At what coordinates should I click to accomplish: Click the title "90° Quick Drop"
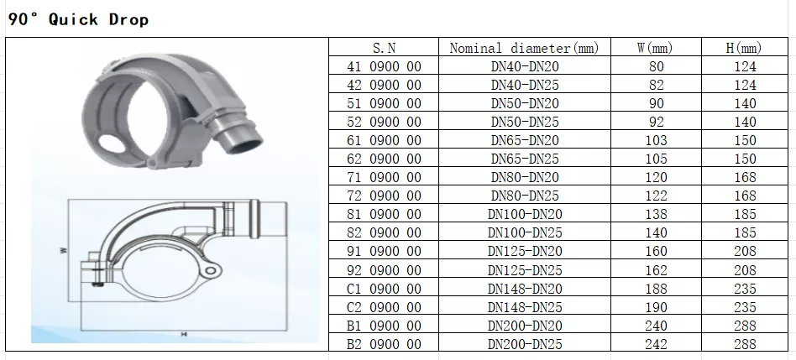pos(78,19)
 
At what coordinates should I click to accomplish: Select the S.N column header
pos(384,48)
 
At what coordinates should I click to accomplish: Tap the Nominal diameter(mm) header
pos(525,48)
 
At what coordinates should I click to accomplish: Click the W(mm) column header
pos(656,48)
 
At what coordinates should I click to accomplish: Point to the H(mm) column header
pos(744,48)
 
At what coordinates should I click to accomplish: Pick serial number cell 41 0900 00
pos(384,66)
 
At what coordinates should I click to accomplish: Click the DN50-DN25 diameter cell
pos(525,122)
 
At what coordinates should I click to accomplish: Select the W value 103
pos(656,140)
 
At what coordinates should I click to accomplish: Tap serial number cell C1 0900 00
pos(384,289)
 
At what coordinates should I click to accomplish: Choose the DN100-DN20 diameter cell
pos(525,215)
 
